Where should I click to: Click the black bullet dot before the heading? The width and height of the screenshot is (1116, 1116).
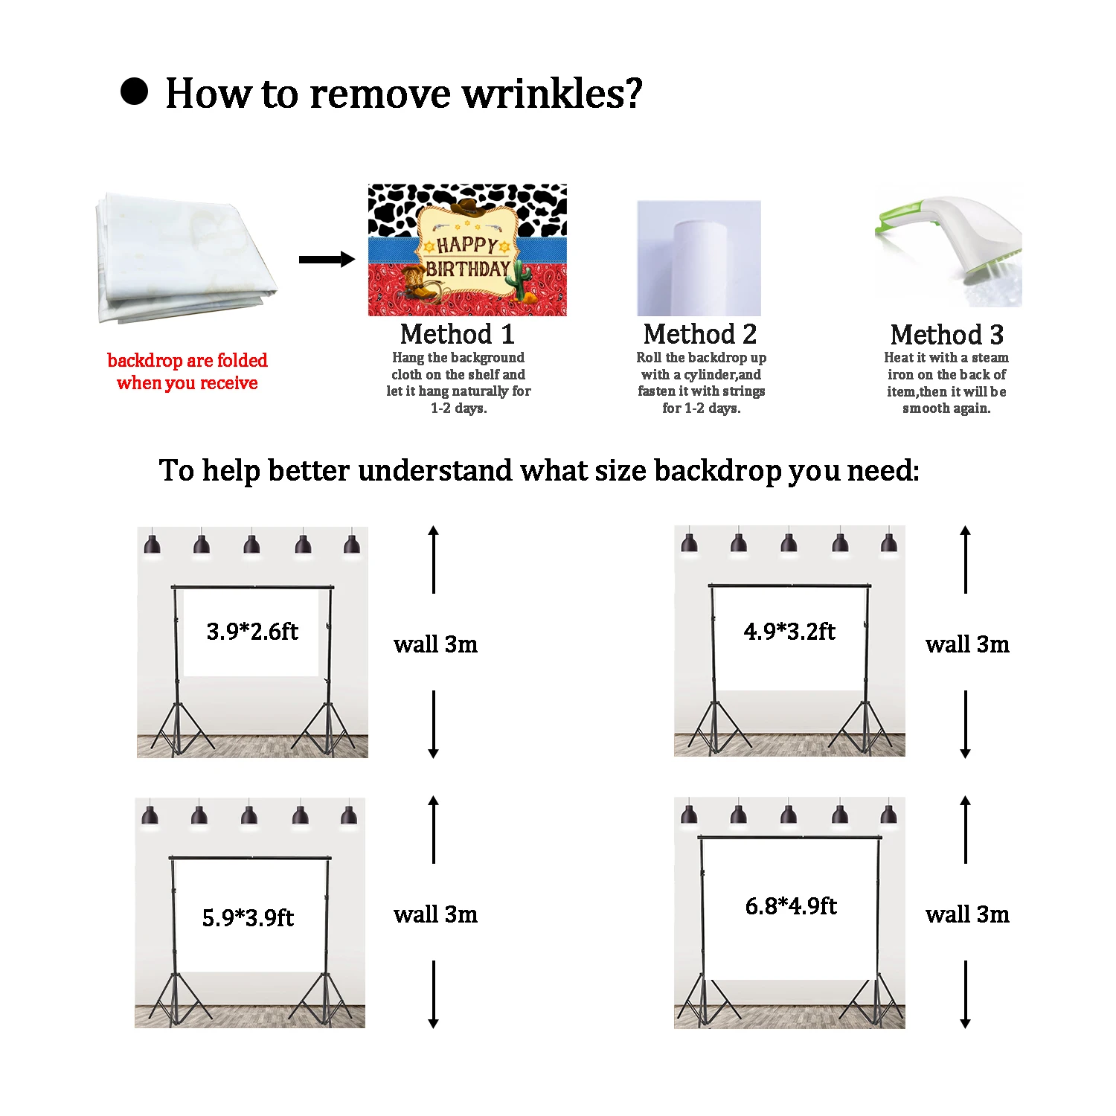135,92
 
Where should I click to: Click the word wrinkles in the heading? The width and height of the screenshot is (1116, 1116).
551,94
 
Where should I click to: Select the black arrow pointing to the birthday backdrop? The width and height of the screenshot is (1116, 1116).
327,259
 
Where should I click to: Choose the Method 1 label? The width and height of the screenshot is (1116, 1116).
457,334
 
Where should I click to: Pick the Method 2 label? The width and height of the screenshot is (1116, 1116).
700,334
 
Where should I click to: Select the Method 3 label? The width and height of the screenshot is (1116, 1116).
946,335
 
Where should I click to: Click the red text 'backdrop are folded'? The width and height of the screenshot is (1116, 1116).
187,361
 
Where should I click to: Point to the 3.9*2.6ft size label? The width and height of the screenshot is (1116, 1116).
252,632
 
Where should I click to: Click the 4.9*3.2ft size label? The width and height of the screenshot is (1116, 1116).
789,632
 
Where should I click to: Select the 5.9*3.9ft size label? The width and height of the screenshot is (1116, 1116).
248,917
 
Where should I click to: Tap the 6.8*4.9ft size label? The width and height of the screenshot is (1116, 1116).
791,905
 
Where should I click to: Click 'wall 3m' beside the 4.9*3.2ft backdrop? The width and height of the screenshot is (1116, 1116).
967,644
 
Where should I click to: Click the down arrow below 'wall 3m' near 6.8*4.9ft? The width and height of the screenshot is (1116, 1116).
965,995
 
